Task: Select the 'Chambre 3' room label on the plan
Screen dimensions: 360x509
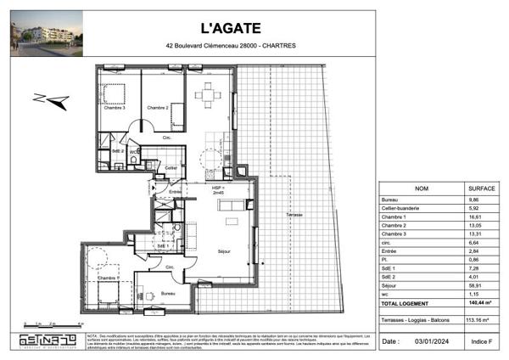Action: tap(114, 108)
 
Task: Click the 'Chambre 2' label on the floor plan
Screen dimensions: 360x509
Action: tap(158, 108)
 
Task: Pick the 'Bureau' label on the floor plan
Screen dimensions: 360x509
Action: tap(169, 294)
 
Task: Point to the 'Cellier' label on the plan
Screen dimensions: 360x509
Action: tap(171, 168)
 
